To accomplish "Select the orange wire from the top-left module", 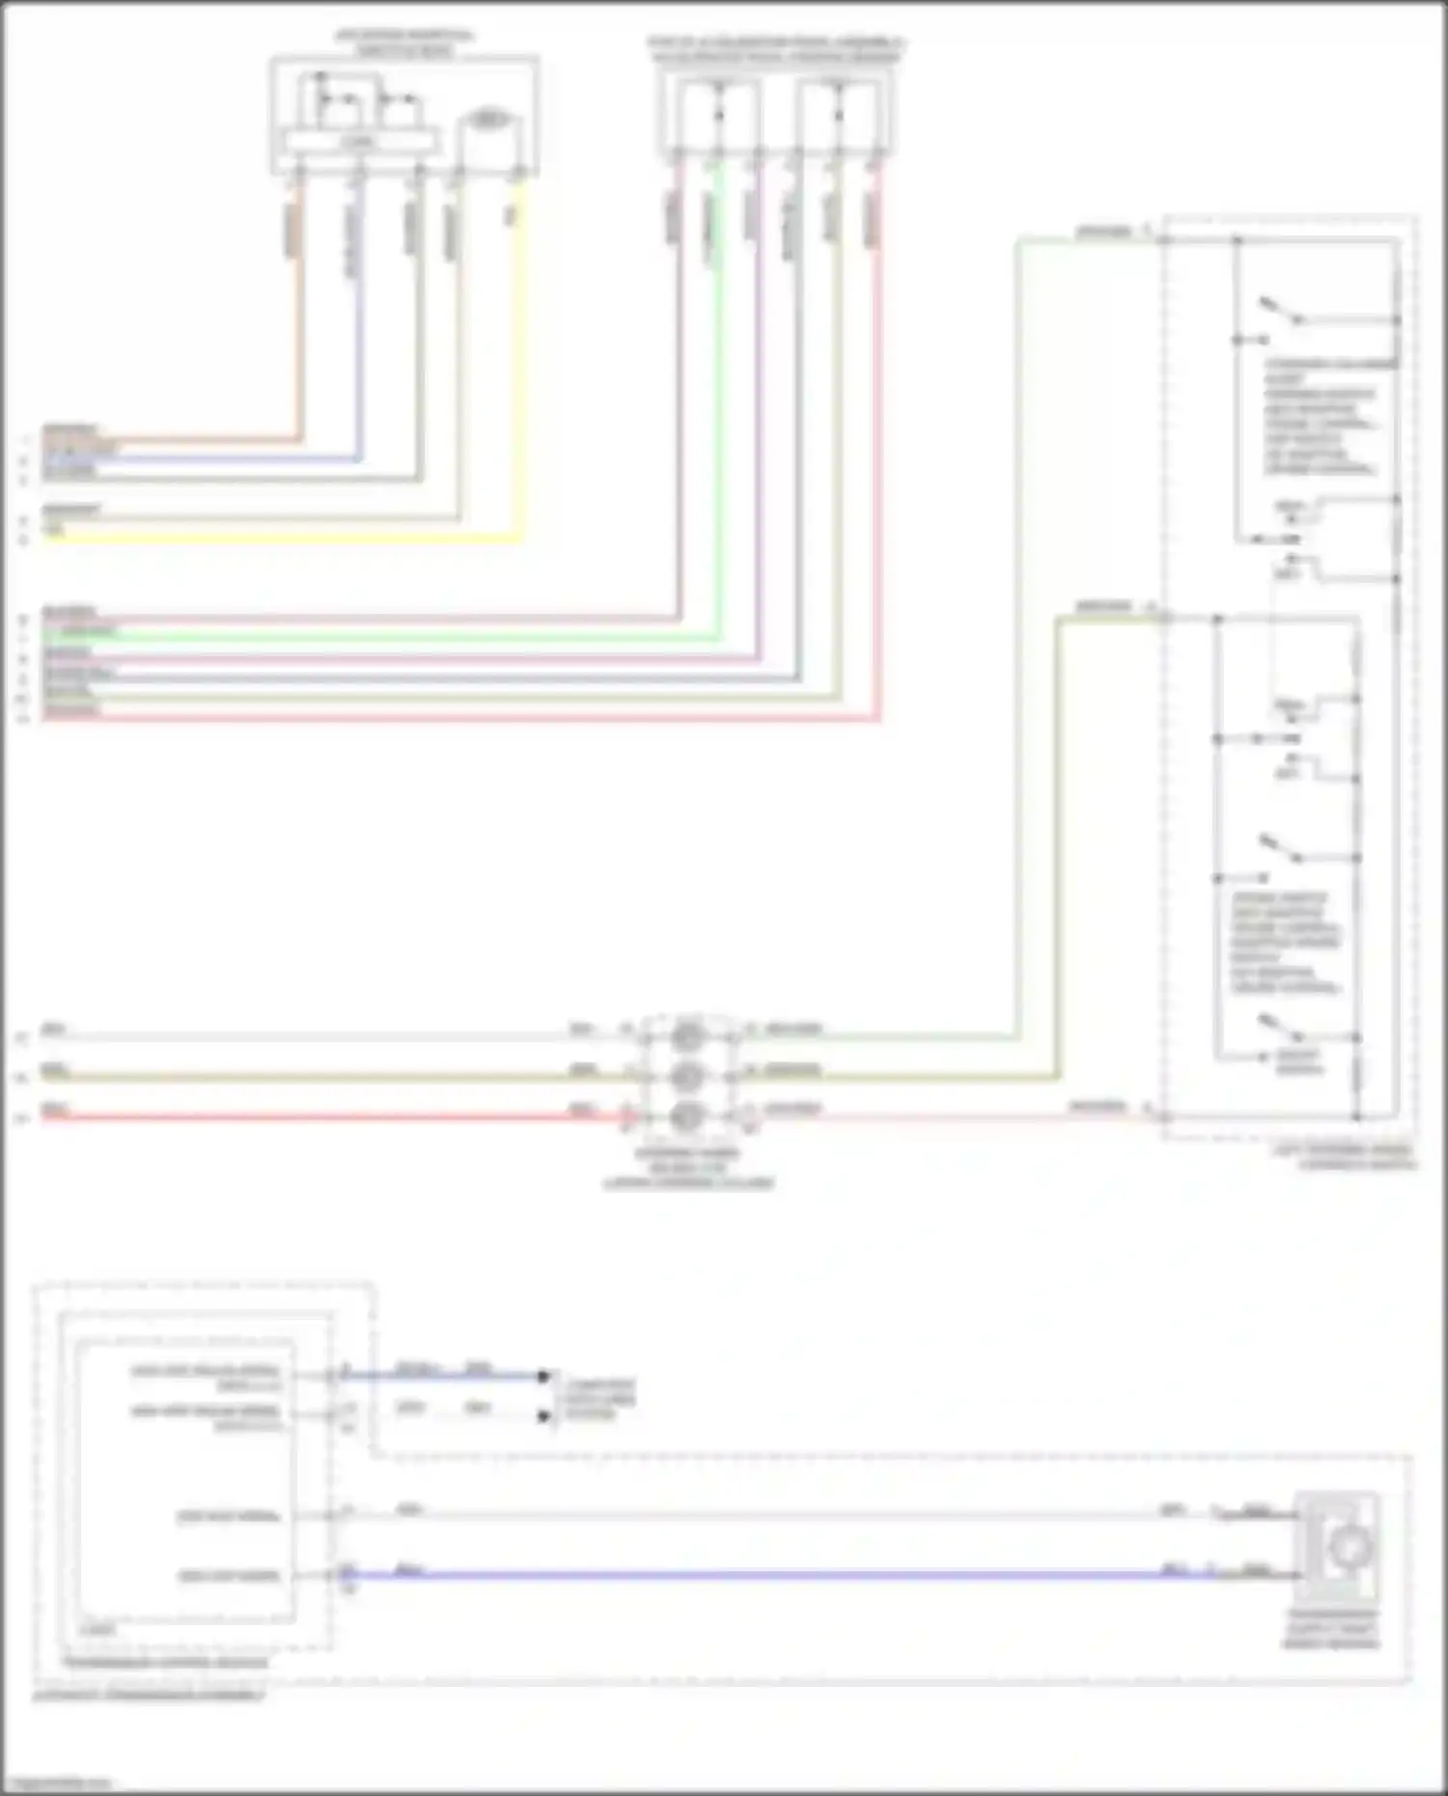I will [299, 338].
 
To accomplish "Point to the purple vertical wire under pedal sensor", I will [759, 434].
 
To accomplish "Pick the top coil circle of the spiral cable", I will [687, 1036].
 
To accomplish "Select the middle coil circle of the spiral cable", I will [687, 1075].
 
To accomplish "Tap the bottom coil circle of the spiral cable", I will [687, 1116].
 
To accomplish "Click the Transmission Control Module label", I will [165, 1662].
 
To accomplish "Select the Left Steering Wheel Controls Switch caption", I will [1344, 1157].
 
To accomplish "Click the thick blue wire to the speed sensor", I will [772, 1576].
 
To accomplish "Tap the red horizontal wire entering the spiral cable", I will [319, 1118].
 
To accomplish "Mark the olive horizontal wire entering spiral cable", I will [319, 1077].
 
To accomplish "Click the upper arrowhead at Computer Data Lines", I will [544, 1376].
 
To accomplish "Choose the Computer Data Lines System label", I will [599, 1398].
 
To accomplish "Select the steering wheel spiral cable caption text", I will [688, 1168].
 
